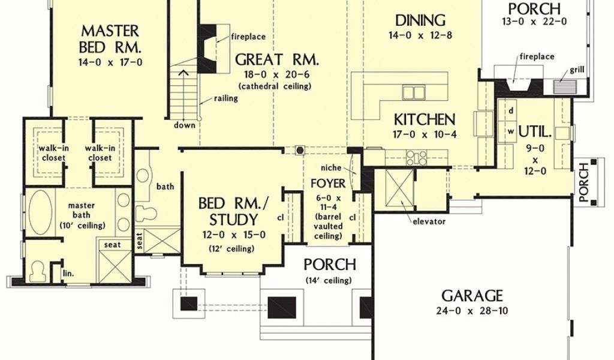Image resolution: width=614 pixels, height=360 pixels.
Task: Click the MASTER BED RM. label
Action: coord(110,39)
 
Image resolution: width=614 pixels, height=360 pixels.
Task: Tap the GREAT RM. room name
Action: coord(277,59)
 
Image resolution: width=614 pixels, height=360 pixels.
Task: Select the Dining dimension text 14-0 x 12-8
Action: coord(420,35)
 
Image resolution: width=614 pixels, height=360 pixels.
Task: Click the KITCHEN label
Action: coord(425,119)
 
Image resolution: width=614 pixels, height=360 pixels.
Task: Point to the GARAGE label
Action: coord(472,295)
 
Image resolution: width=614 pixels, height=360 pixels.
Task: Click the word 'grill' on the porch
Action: coord(577,70)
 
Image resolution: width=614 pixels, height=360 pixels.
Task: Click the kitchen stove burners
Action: coord(416,158)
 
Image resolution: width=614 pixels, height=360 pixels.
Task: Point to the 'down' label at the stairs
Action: coord(185,125)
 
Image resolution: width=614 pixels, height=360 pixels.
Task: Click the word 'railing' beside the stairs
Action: coord(225,98)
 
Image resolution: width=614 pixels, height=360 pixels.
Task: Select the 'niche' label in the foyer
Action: coord(331,168)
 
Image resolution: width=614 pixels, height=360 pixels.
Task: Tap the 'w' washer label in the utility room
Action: coord(511,132)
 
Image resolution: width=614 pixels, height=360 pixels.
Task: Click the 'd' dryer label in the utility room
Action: coord(511,111)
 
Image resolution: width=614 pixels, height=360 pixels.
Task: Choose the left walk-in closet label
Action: coord(52,153)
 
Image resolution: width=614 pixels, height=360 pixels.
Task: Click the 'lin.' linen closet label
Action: coord(68,273)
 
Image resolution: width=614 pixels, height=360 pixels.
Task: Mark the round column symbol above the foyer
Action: coord(300,150)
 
